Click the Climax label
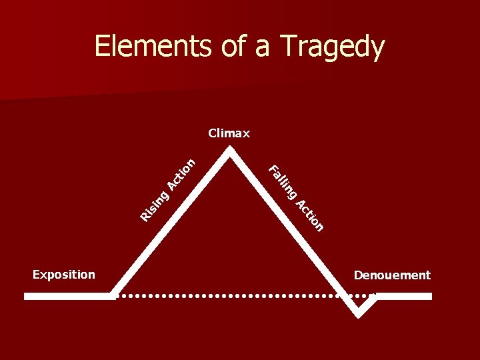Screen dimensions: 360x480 [x=229, y=133]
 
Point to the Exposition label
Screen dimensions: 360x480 [x=64, y=275]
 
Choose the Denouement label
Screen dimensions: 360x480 [x=392, y=275]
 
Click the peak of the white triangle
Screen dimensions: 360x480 [x=231, y=149]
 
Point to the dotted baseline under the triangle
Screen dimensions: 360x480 [x=233, y=295]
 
